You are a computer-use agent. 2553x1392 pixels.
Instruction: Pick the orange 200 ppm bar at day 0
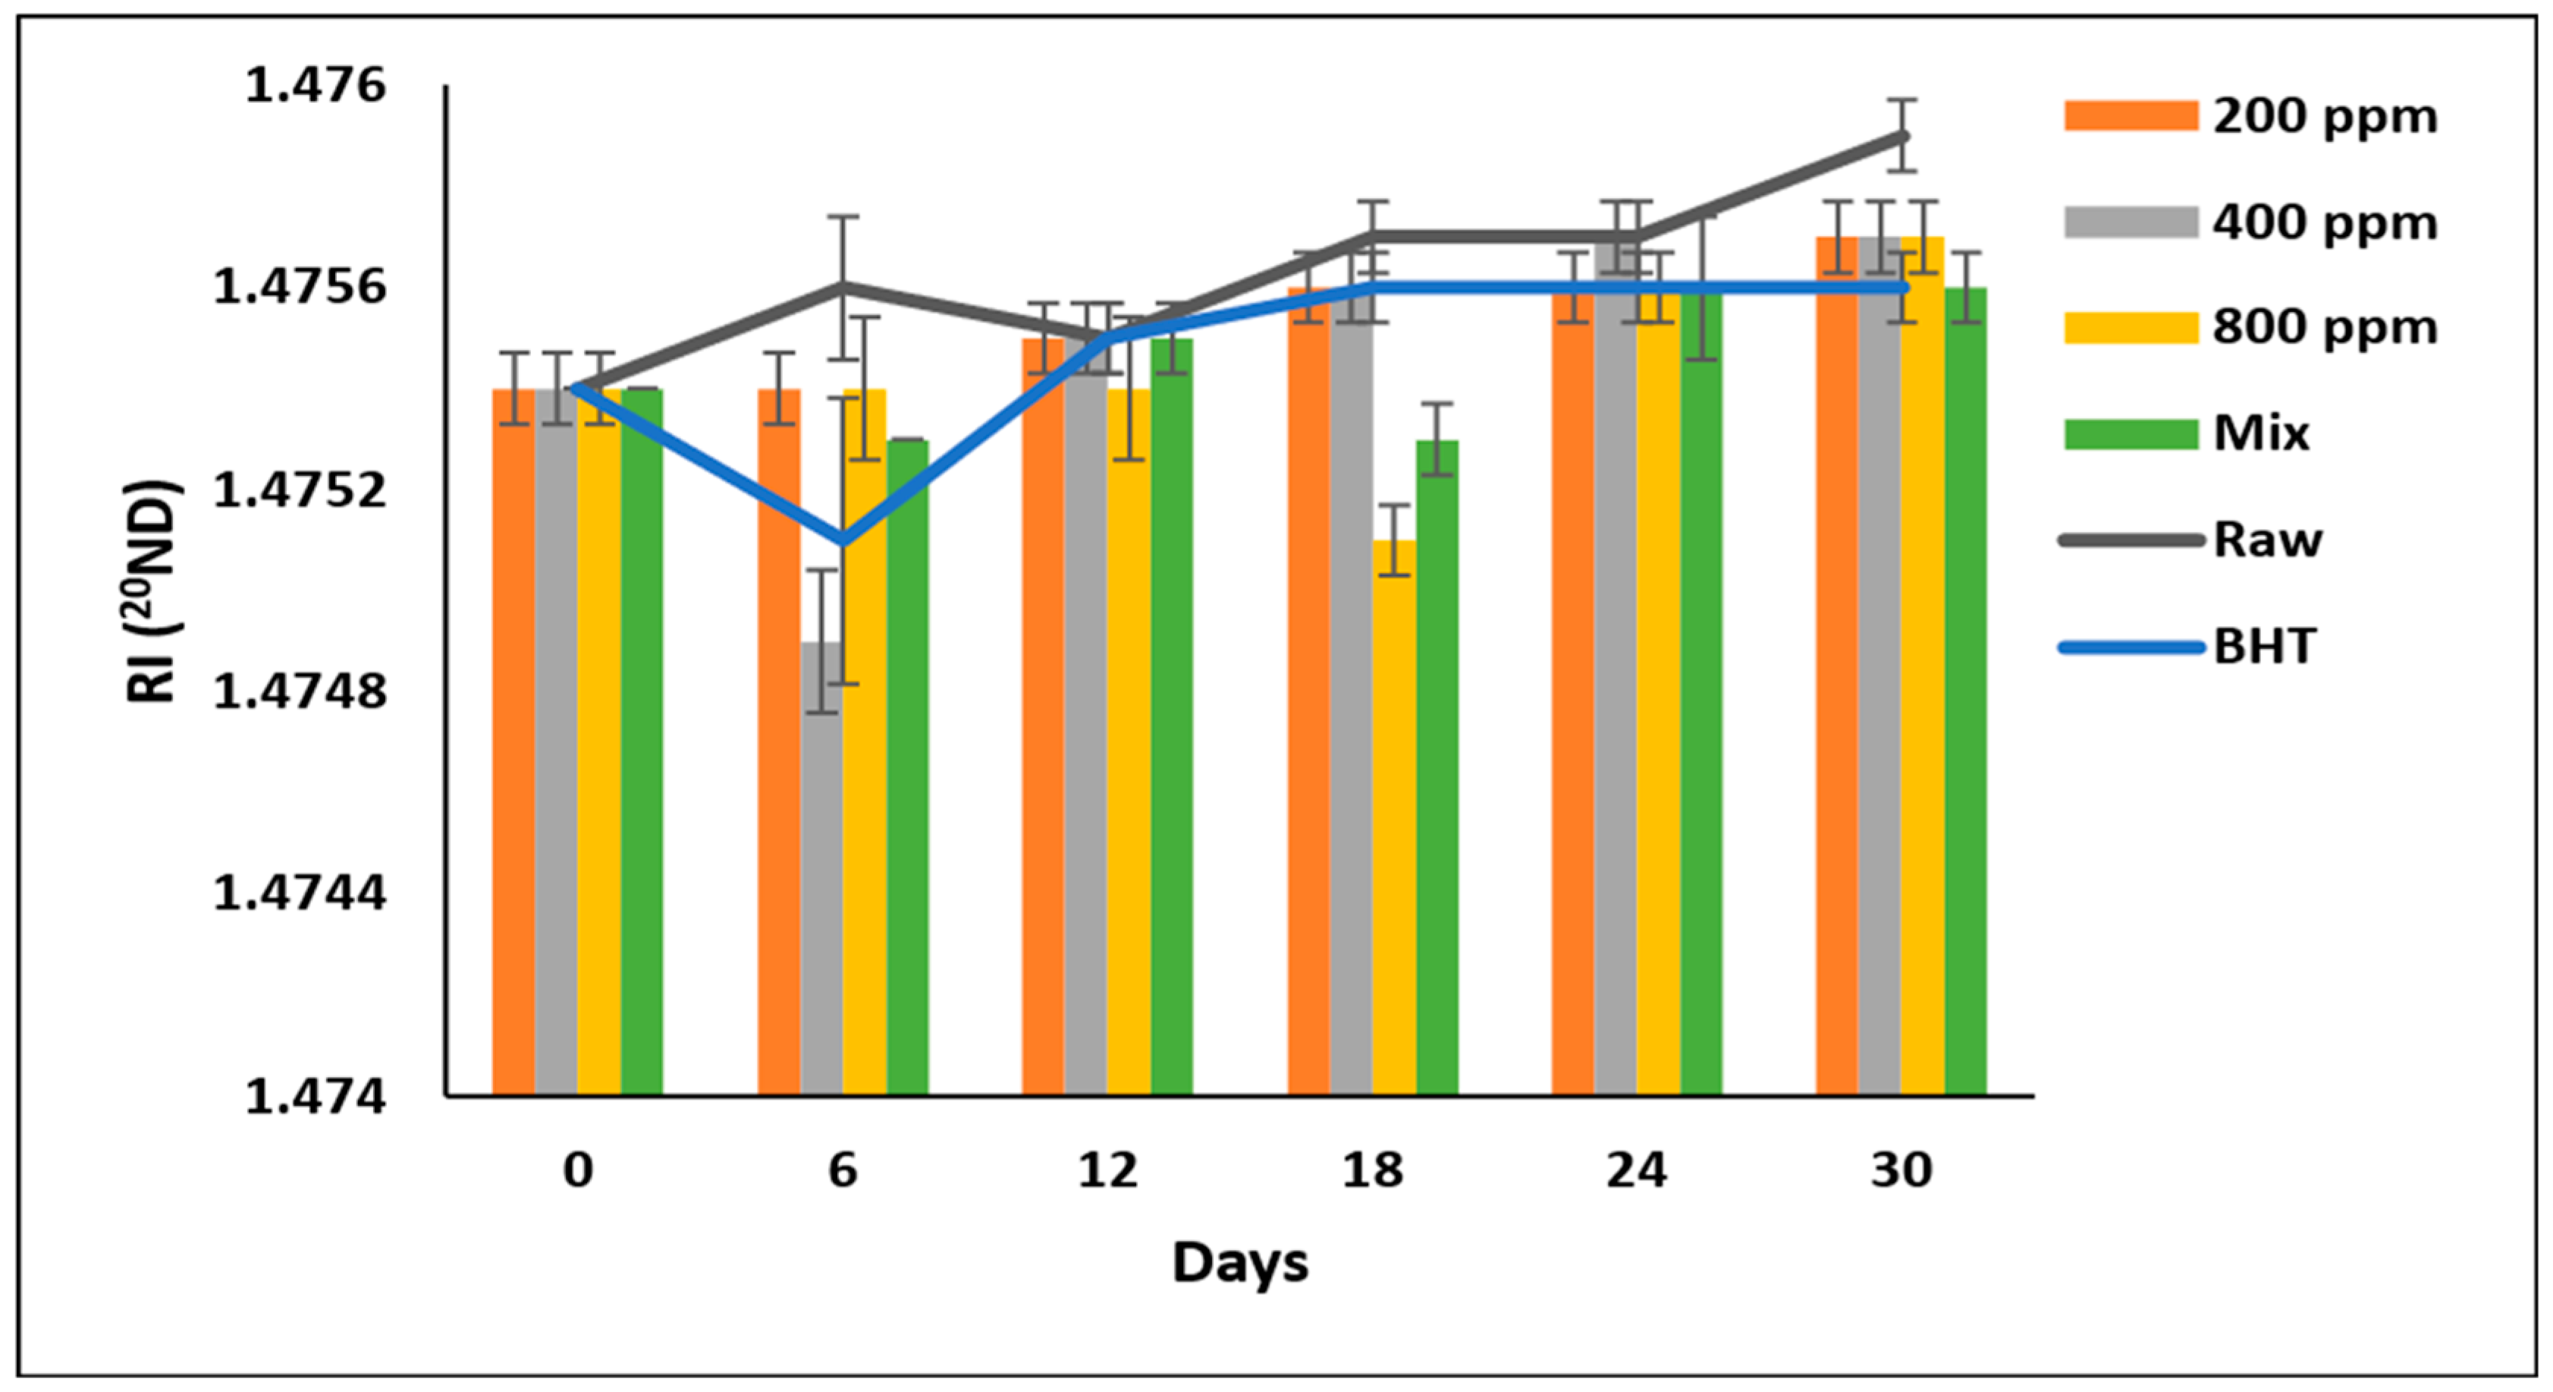513,744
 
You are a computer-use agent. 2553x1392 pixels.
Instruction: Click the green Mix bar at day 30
1965,694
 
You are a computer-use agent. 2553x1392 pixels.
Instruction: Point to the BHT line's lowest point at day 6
843,541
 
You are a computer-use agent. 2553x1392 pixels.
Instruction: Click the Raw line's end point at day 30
1902,136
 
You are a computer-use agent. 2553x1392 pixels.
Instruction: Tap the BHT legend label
2265,647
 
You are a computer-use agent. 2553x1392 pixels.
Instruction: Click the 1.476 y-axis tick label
316,87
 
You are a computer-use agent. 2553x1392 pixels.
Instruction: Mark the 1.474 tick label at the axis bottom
316,1097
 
